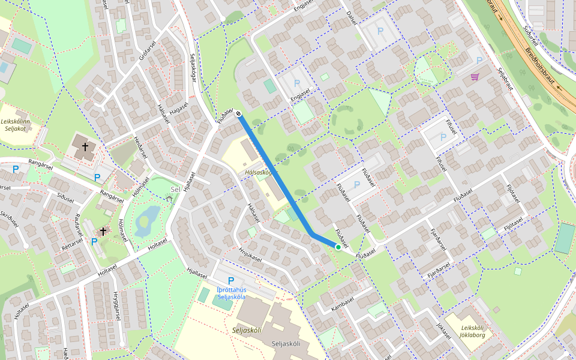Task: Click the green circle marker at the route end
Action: (338, 247)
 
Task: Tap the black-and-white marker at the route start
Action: (238, 113)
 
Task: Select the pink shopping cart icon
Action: (475, 77)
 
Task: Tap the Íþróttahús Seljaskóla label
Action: (232, 293)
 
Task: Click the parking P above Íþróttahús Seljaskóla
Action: (230, 281)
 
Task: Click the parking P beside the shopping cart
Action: (479, 61)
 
